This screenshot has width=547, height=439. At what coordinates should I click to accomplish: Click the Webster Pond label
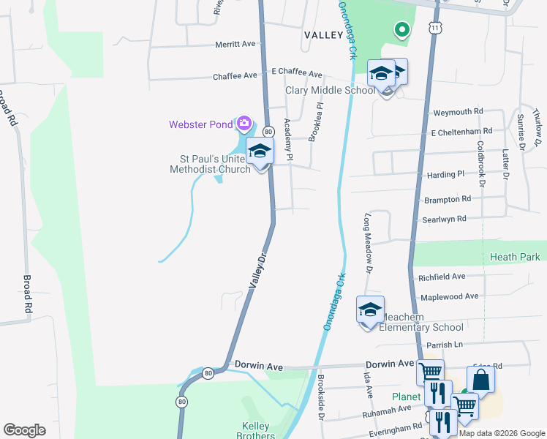click(200, 124)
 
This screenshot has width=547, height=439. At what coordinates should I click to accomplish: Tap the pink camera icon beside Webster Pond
click(244, 123)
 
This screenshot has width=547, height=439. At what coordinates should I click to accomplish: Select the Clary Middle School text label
click(329, 91)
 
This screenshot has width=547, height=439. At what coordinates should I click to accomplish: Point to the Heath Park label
click(516, 257)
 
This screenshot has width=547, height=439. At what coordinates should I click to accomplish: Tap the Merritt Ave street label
click(235, 44)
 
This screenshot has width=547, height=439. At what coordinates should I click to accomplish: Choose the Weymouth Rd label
click(459, 111)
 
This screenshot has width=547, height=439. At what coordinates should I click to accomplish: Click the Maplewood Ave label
click(449, 296)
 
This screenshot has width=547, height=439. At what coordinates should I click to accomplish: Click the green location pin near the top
click(401, 30)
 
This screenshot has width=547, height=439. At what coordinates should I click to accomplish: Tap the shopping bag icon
click(480, 380)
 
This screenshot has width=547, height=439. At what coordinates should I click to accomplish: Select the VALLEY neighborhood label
click(323, 35)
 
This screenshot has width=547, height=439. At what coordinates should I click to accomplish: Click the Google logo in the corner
click(24, 430)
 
